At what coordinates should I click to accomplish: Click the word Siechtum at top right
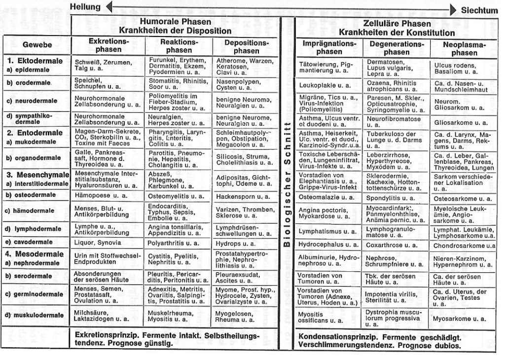[x=479, y=10]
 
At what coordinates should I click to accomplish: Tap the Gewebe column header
[x=37, y=45]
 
